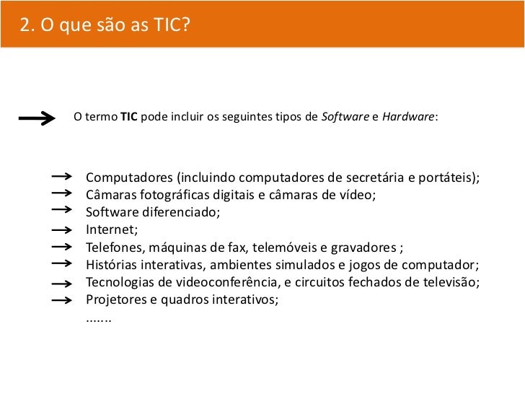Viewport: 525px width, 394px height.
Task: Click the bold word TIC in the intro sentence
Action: click(129, 117)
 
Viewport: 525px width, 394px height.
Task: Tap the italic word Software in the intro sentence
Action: click(343, 117)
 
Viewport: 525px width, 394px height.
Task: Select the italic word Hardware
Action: click(408, 117)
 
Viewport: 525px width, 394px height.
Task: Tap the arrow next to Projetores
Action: click(63, 298)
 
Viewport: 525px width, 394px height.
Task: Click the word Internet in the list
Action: click(110, 230)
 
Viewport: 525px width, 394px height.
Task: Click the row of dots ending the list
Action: click(99, 317)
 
